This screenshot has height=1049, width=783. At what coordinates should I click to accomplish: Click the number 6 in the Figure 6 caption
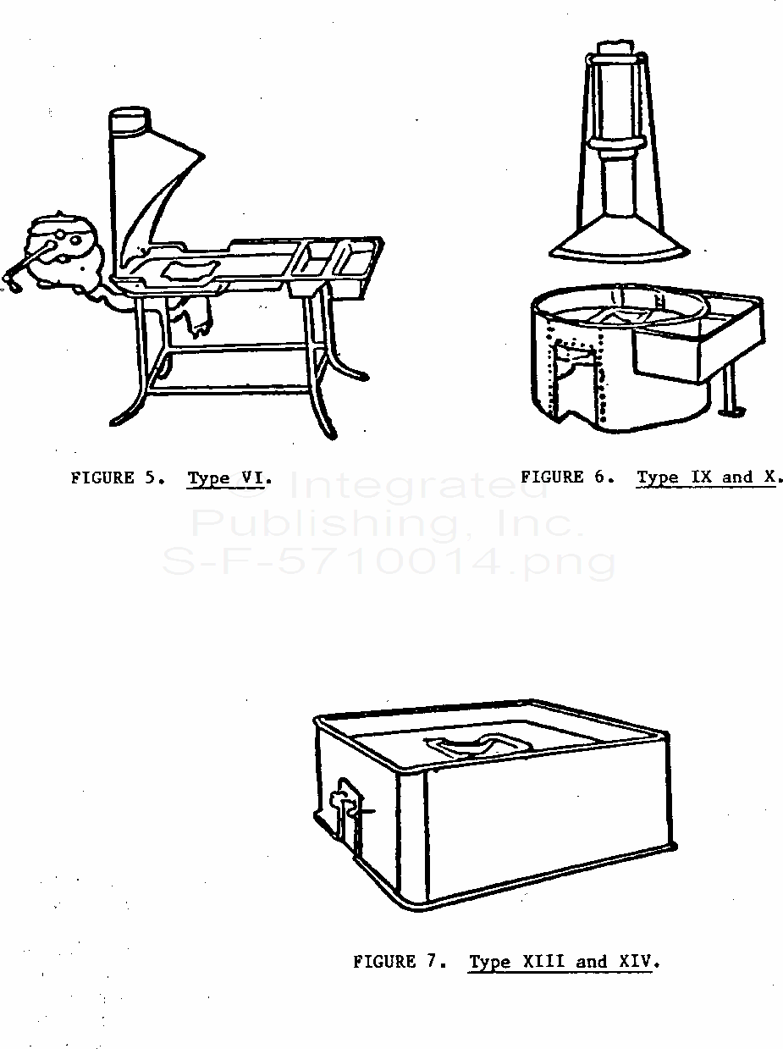point(600,477)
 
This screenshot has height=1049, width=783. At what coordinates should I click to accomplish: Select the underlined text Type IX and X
point(706,478)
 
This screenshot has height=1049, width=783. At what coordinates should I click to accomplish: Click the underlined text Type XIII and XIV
point(560,962)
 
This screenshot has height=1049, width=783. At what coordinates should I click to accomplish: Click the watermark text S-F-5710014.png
point(389,562)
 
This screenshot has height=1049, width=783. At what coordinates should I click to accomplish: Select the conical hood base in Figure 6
point(619,236)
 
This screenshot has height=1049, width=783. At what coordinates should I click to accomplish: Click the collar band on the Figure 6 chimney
point(617,146)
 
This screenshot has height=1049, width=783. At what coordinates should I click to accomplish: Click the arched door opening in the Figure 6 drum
point(579,378)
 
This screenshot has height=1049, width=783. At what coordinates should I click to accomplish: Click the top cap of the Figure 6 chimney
point(617,47)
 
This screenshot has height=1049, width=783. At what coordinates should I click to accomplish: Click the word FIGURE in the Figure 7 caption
point(384,961)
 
